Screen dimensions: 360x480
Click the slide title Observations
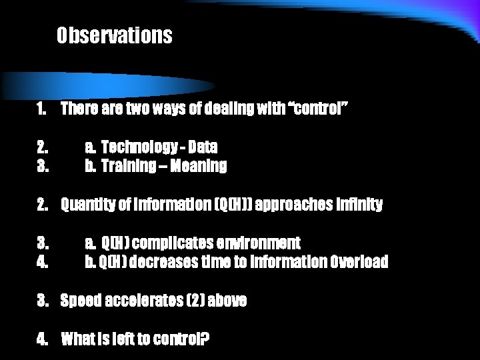[114, 35]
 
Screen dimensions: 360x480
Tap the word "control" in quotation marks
[317, 109]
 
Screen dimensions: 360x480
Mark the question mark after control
[205, 340]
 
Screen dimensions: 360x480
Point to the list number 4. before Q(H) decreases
[42, 262]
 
